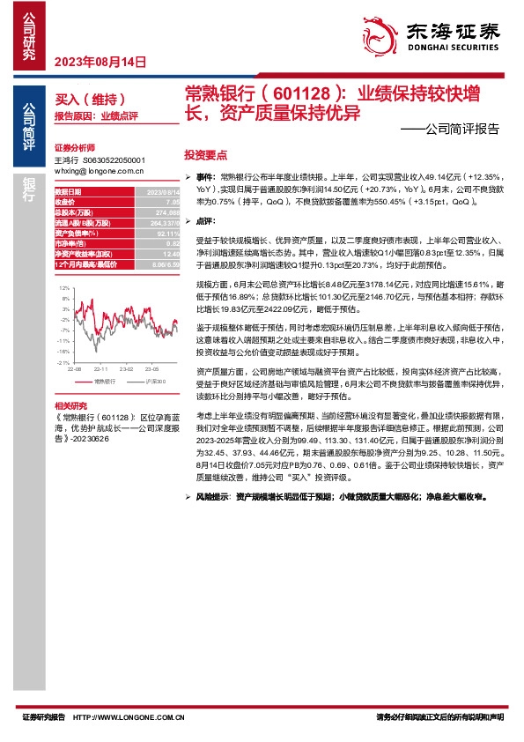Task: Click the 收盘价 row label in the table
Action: (x=66, y=201)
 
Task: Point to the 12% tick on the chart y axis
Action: (x=63, y=288)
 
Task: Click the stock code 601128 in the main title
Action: (x=299, y=93)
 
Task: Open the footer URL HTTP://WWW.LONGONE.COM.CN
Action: (x=141, y=718)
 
